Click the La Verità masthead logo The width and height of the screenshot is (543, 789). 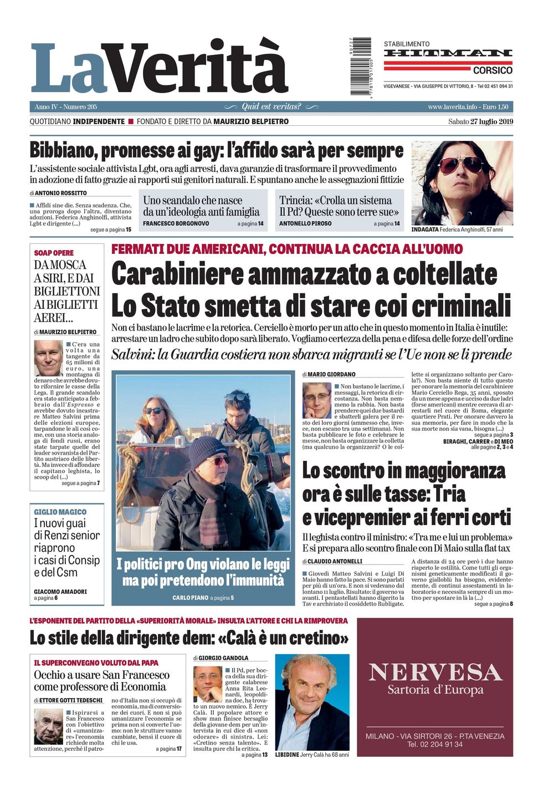coord(160,68)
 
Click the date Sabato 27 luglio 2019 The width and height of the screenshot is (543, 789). coord(480,121)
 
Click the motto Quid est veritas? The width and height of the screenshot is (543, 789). coord(271,106)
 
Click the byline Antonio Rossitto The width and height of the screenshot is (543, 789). coord(61,193)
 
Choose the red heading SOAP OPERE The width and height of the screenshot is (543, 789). coord(54,253)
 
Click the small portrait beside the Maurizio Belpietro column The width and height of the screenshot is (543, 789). coord(48,358)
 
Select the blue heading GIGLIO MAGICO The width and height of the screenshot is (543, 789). coord(60,512)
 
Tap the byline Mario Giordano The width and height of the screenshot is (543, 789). coord(331,374)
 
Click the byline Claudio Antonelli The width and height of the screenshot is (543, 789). coord(335,561)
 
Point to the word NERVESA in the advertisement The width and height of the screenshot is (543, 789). coord(435,672)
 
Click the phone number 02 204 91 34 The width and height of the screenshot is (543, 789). coord(435,744)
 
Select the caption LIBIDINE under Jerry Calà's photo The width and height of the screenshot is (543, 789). coord(287,755)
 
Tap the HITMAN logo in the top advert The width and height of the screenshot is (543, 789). coord(448,53)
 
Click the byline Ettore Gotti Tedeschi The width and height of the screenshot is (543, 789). coord(70,700)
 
